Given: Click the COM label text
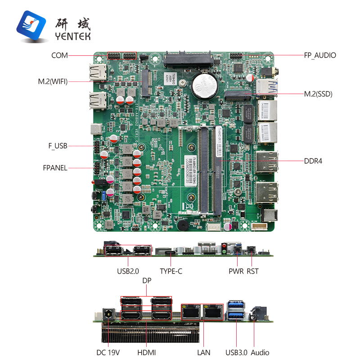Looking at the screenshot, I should tap(59, 55).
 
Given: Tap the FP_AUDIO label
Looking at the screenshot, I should tap(319, 55).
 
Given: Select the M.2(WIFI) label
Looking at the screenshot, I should tap(53, 81).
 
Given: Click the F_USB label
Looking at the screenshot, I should tap(58, 145).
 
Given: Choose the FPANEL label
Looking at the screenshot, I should tap(55, 168).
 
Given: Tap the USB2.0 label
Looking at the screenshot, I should tap(128, 271).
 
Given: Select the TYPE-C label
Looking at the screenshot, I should tap(171, 271).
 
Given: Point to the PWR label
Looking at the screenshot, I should tap(236, 271).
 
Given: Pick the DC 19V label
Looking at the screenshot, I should tap(108, 352).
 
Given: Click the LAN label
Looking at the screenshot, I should tap(203, 352).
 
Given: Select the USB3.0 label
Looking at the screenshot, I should tap(236, 352).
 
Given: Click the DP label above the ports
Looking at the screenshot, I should tap(147, 280).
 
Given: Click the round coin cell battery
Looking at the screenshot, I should tap(203, 85).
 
